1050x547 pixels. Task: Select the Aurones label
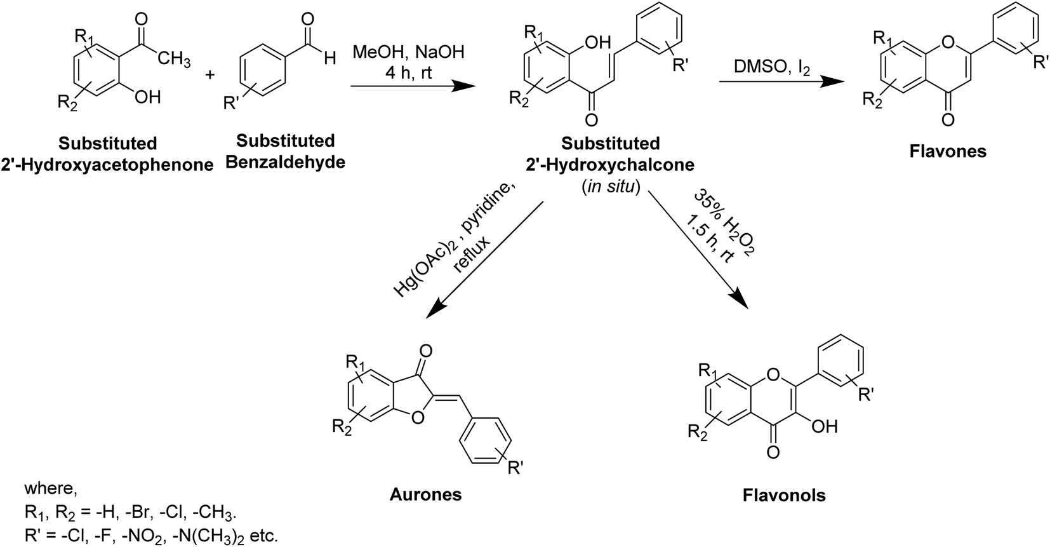click(425, 494)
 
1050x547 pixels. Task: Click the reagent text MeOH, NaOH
click(408, 52)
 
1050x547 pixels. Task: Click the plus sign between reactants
click(210, 75)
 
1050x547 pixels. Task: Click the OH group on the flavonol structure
click(824, 427)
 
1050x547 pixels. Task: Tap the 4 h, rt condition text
click(408, 72)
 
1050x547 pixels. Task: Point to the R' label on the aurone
click(514, 469)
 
